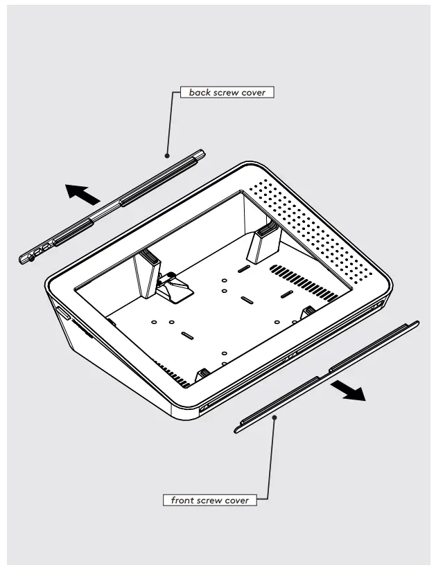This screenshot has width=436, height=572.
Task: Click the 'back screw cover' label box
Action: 227,92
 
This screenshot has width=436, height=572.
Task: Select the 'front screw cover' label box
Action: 209,499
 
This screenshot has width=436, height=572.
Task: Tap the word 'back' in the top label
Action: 192,92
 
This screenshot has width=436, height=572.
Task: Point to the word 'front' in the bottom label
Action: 178,499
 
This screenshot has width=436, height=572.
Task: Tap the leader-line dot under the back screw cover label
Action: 166,156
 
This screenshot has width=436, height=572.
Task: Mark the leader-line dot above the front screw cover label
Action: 274,416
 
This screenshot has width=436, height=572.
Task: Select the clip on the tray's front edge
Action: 203,375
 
